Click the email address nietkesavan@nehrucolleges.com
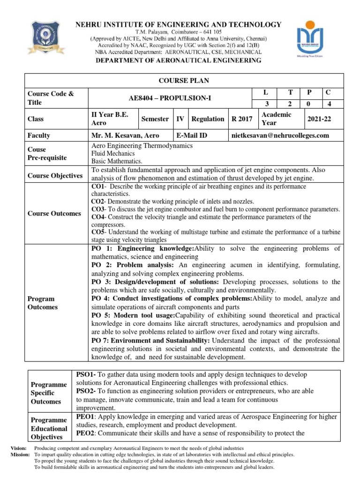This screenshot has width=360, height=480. coord(280,135)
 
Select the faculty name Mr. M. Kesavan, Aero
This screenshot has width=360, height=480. coord(125,135)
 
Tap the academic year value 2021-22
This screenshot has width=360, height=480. coord(319,119)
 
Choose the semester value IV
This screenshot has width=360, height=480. coord(180,119)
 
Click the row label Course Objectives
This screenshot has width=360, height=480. coord(55,175)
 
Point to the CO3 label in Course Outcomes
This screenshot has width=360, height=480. coord(97,209)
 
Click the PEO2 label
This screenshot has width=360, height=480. coord(86,433)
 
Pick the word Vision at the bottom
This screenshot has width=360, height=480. coord(19,449)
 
